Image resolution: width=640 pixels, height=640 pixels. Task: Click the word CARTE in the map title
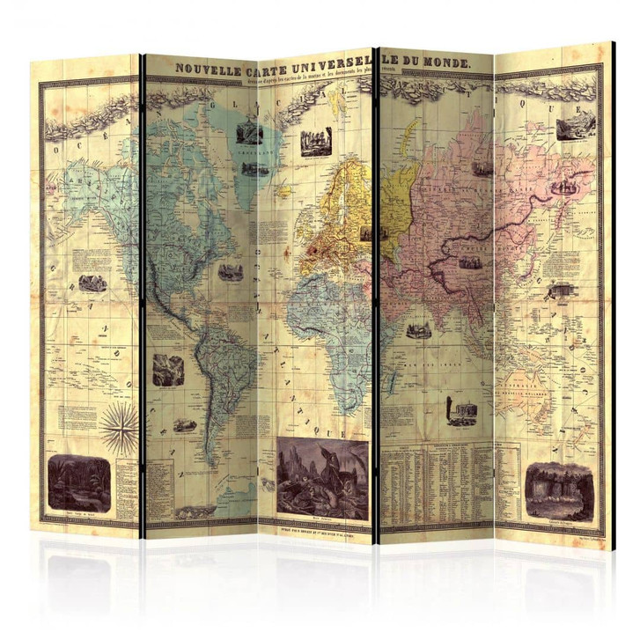pyautogui.click(x=259, y=67)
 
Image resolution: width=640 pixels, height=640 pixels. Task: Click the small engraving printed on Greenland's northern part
pyautogui.click(x=250, y=132)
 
